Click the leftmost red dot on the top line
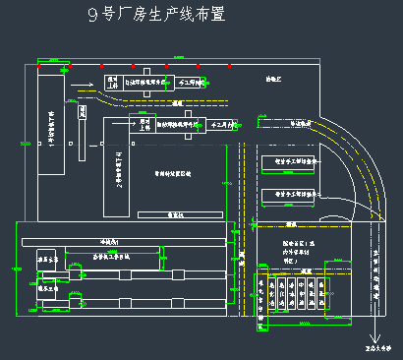click(x=39, y=67)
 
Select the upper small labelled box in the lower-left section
click(x=49, y=261)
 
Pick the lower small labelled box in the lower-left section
click(x=49, y=290)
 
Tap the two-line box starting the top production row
click(x=113, y=87)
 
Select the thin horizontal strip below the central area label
click(x=177, y=213)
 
